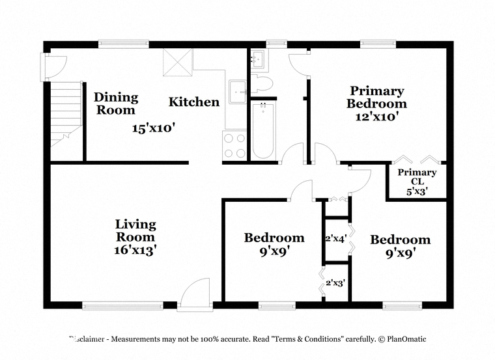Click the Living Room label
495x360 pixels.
click(x=135, y=230)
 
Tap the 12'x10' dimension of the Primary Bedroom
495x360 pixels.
click(x=376, y=117)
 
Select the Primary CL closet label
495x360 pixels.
click(x=417, y=176)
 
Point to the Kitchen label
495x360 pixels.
click(x=194, y=102)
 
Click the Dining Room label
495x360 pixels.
click(x=116, y=104)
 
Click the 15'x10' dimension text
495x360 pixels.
click(x=154, y=128)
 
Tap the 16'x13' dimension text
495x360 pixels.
click(x=135, y=250)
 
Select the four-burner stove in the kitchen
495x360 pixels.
click(x=234, y=145)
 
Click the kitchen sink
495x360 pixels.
click(x=237, y=92)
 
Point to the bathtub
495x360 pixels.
click(x=263, y=130)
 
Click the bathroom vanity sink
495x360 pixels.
click(x=259, y=59)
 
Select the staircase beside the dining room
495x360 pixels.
click(x=66, y=113)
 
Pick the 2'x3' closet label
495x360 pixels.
click(x=335, y=283)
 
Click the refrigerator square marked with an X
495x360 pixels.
click(x=178, y=62)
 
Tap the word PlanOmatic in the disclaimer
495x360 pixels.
click(x=406, y=339)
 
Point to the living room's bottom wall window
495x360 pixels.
click(x=123, y=305)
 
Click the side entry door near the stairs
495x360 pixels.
click(x=53, y=67)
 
